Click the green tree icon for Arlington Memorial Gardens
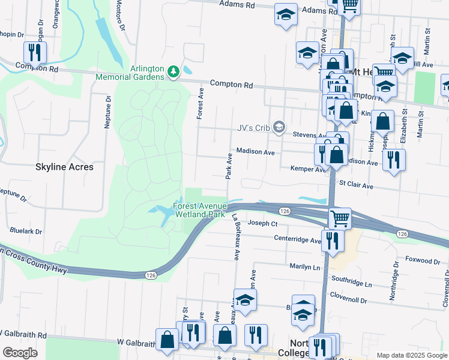click(x=173, y=72)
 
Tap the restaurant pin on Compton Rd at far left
click(x=34, y=52)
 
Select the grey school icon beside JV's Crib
click(x=278, y=127)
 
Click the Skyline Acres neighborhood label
click(x=64, y=167)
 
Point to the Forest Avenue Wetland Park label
click(x=199, y=210)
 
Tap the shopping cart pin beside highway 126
click(x=340, y=218)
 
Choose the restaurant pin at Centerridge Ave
click(x=333, y=240)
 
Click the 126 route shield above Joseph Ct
click(x=285, y=211)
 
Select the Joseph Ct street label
click(x=263, y=223)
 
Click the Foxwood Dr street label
click(x=423, y=261)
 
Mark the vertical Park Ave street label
click(x=229, y=166)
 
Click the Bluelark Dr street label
click(x=26, y=230)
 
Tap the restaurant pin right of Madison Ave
click(x=394, y=160)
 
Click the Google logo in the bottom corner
click(x=20, y=352)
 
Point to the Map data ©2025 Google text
click(x=411, y=355)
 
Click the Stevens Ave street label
click(x=309, y=135)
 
